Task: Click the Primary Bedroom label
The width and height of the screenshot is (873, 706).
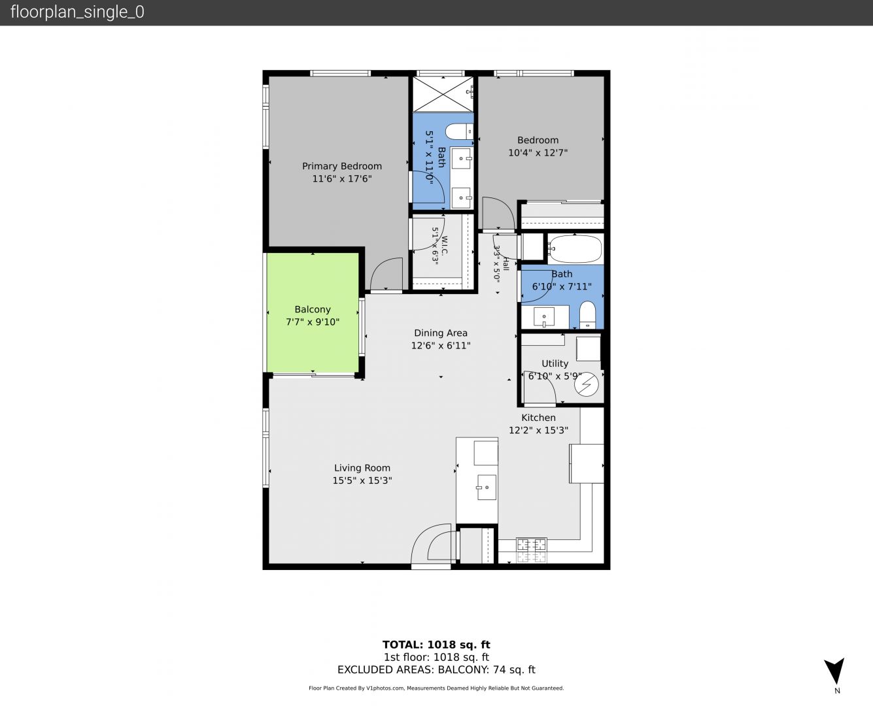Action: (x=342, y=166)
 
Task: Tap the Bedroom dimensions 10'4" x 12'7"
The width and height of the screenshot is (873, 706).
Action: (x=538, y=153)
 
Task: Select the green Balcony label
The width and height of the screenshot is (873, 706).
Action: (x=313, y=309)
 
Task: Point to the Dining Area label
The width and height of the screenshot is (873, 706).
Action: (x=441, y=333)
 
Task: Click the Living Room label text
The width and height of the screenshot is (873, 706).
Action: (x=362, y=468)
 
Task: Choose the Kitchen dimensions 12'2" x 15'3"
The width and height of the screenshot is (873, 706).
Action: (x=538, y=430)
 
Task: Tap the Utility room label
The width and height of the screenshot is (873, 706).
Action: (x=555, y=363)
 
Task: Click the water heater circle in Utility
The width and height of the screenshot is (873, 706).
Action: (x=587, y=384)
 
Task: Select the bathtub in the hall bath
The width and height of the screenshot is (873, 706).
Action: (x=575, y=248)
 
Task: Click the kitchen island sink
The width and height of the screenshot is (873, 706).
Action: (x=486, y=487)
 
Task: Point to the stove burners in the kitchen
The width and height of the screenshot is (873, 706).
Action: (x=532, y=550)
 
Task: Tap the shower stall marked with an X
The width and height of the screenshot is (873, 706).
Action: (x=443, y=94)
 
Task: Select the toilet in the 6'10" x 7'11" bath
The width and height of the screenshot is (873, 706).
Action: (x=587, y=315)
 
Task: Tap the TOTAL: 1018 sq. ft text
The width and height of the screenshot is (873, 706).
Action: (x=436, y=645)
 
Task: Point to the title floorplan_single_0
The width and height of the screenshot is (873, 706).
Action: (x=77, y=12)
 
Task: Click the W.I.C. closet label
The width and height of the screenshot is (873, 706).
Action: (x=444, y=245)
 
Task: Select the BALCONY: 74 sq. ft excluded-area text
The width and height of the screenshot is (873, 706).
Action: (x=487, y=669)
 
